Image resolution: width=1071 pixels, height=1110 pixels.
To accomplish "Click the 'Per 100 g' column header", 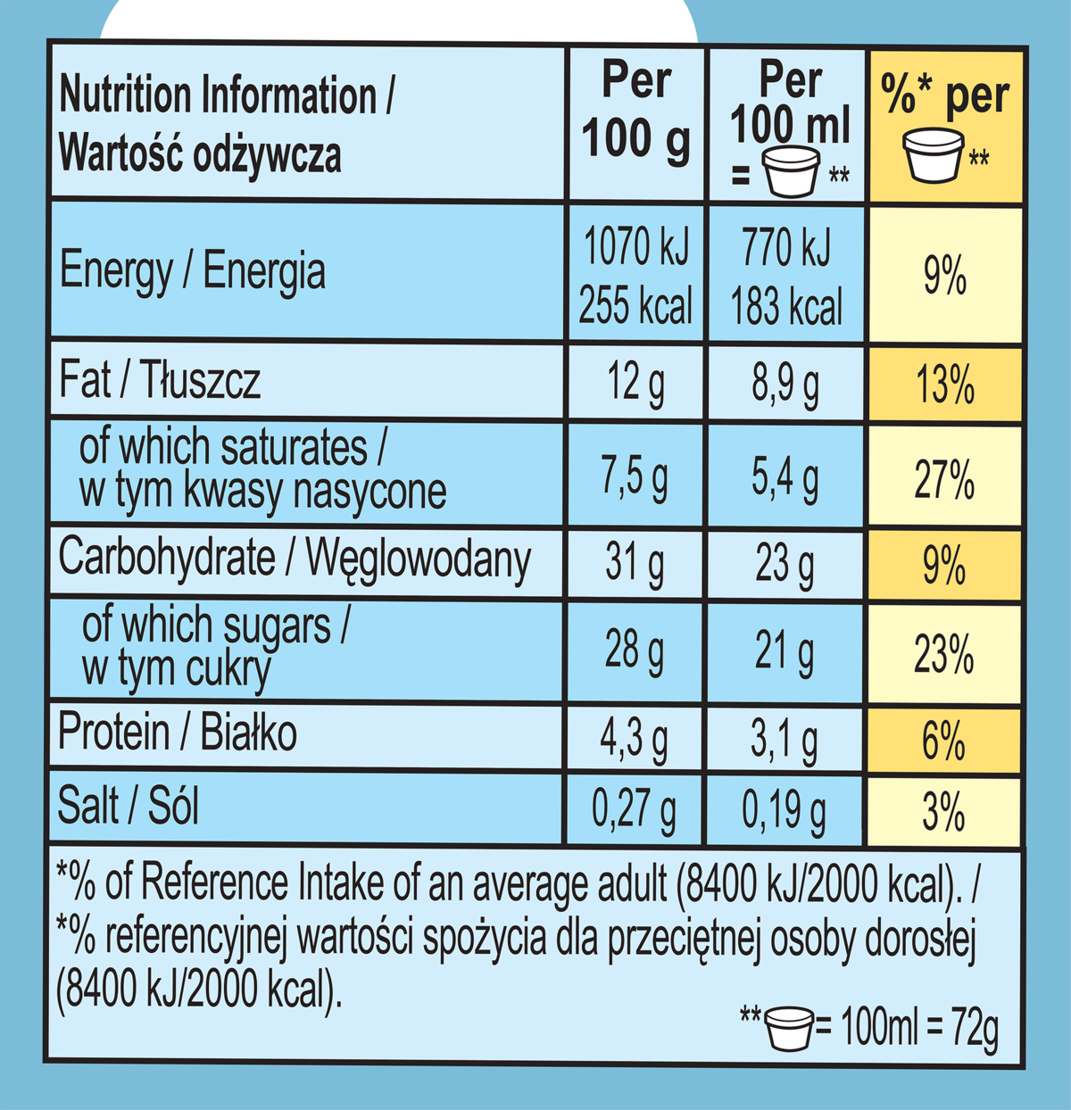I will tap(636, 112).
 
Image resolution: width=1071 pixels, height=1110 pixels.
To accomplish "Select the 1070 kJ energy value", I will tap(635, 247).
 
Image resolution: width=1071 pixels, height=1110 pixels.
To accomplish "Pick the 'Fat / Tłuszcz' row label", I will tap(160, 381).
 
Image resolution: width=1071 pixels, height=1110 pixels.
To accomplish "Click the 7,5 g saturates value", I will tap(635, 476).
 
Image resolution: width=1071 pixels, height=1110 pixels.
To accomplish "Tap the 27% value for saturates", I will tap(944, 480).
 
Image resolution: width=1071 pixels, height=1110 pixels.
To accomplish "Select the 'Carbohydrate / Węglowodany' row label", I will tap(295, 560).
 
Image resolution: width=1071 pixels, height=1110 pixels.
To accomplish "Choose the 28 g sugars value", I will tap(635, 650).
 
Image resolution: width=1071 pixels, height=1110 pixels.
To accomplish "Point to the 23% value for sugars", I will tap(944, 656).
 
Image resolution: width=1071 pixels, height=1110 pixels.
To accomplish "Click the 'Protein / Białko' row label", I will tap(178, 734).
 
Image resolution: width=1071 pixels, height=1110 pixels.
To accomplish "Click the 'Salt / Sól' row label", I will tap(129, 807).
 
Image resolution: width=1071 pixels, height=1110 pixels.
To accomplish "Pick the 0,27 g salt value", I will tap(635, 810).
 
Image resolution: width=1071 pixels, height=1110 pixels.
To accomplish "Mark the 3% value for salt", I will tap(944, 813).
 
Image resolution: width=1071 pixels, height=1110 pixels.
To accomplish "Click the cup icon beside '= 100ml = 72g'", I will tap(789, 1028).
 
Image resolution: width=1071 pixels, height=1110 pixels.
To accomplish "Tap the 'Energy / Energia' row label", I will tap(192, 271).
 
